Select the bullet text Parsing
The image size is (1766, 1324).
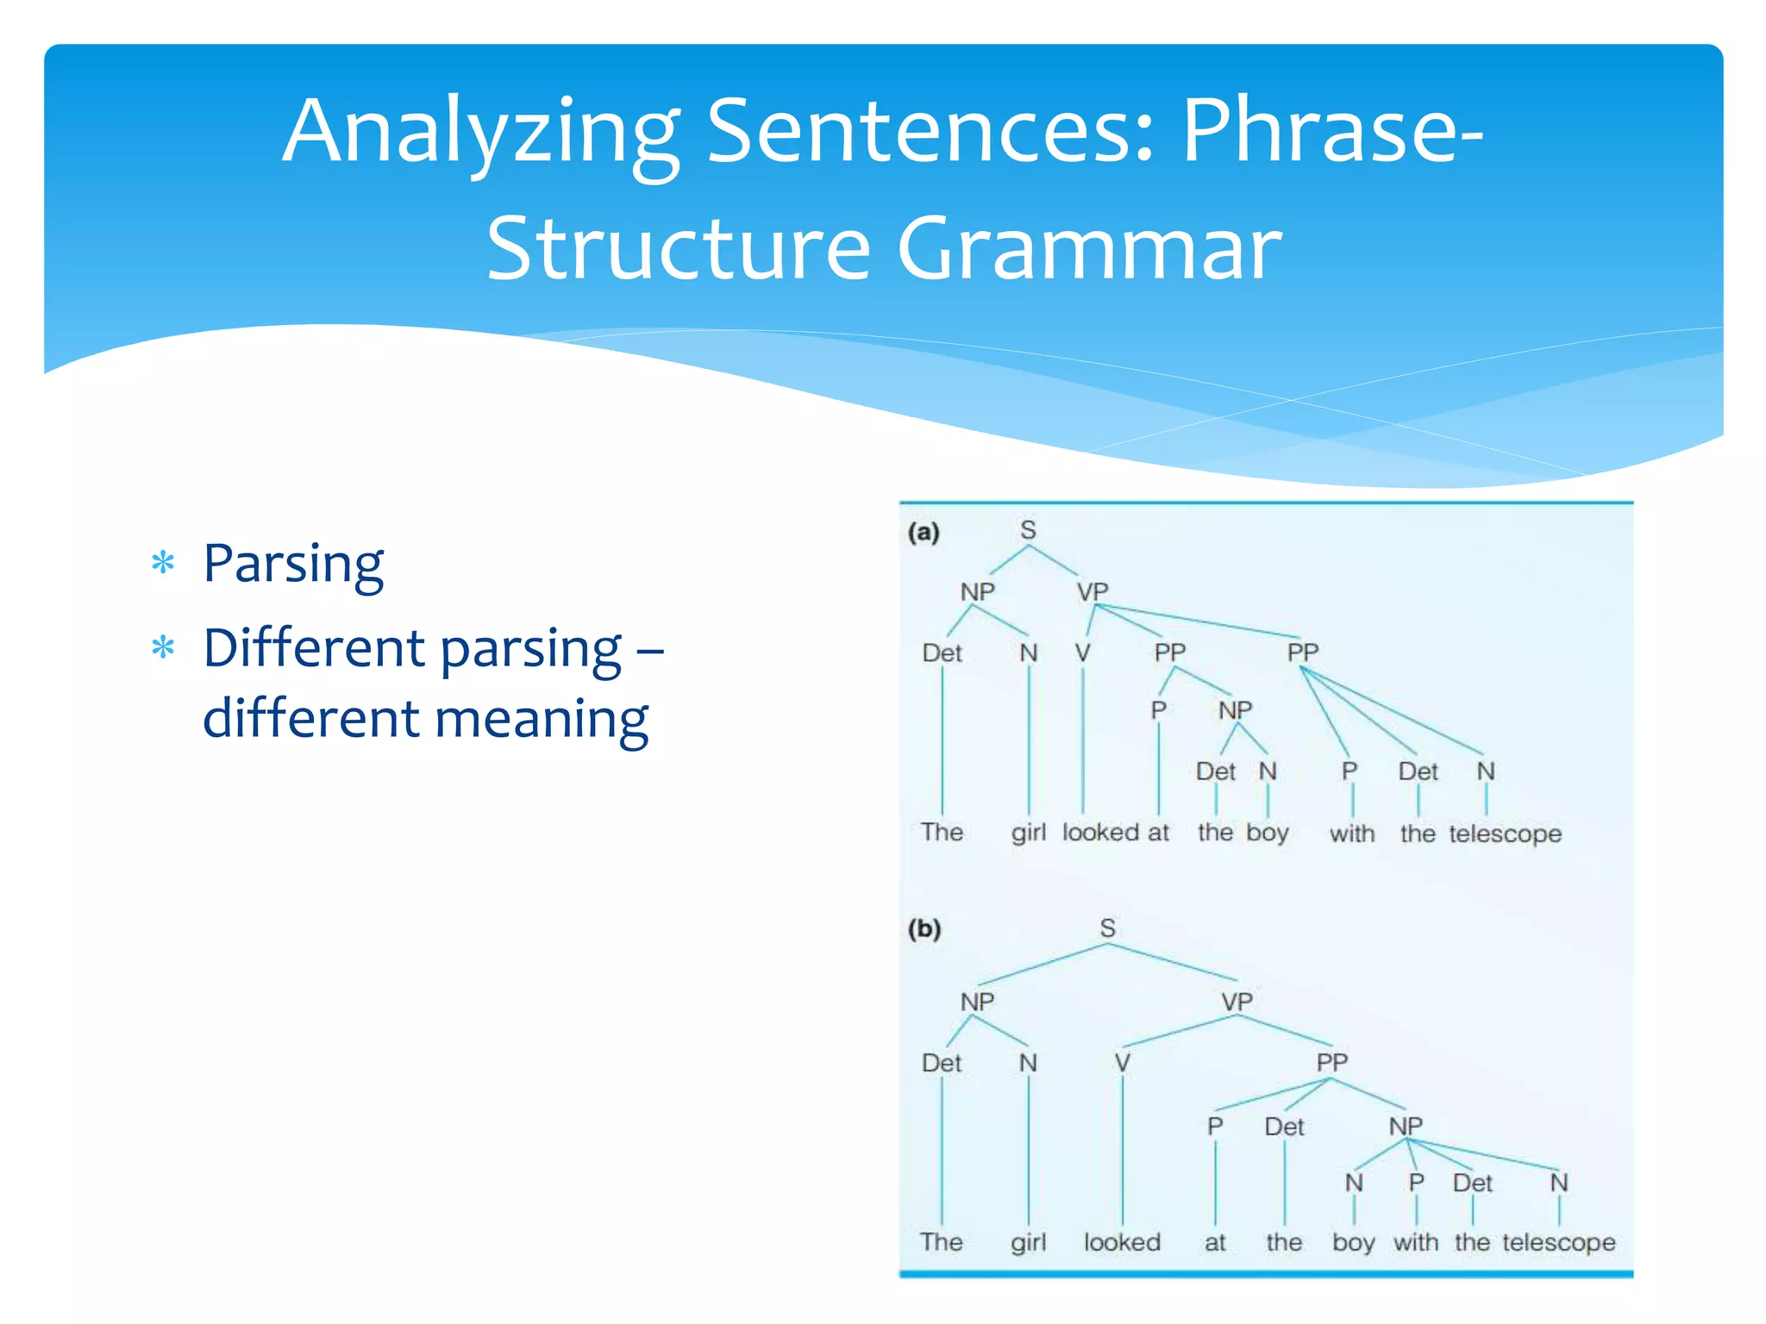293,565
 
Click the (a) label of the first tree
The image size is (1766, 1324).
923,532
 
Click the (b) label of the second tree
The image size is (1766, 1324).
924,928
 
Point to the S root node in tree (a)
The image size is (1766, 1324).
1027,529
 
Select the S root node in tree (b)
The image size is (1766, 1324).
1107,928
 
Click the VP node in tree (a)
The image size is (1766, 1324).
1092,592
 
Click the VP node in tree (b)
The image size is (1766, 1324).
1237,1002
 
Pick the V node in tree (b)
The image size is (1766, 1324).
1122,1063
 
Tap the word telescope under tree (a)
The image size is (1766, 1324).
1505,834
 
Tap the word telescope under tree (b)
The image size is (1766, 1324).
1558,1242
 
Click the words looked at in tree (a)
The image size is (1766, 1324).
1115,832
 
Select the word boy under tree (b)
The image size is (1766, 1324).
1353,1242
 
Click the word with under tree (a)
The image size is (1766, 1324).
1351,834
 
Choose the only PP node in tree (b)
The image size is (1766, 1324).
1331,1062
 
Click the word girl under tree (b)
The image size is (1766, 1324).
1028,1242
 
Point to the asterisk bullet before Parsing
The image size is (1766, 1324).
163,563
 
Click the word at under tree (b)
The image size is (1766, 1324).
1214,1242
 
